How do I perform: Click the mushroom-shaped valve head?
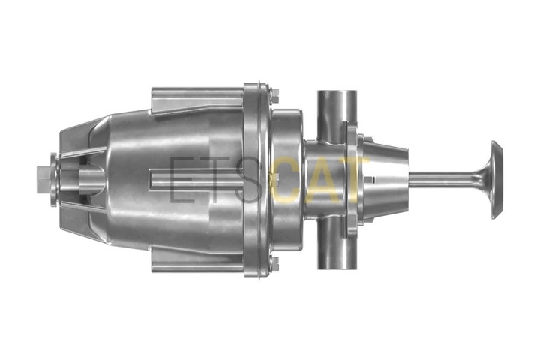coord(496,180)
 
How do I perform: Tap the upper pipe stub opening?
coord(337,93)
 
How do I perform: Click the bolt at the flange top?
coord(274,95)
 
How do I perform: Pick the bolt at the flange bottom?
coord(274,263)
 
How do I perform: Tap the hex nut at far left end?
coord(43,180)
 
